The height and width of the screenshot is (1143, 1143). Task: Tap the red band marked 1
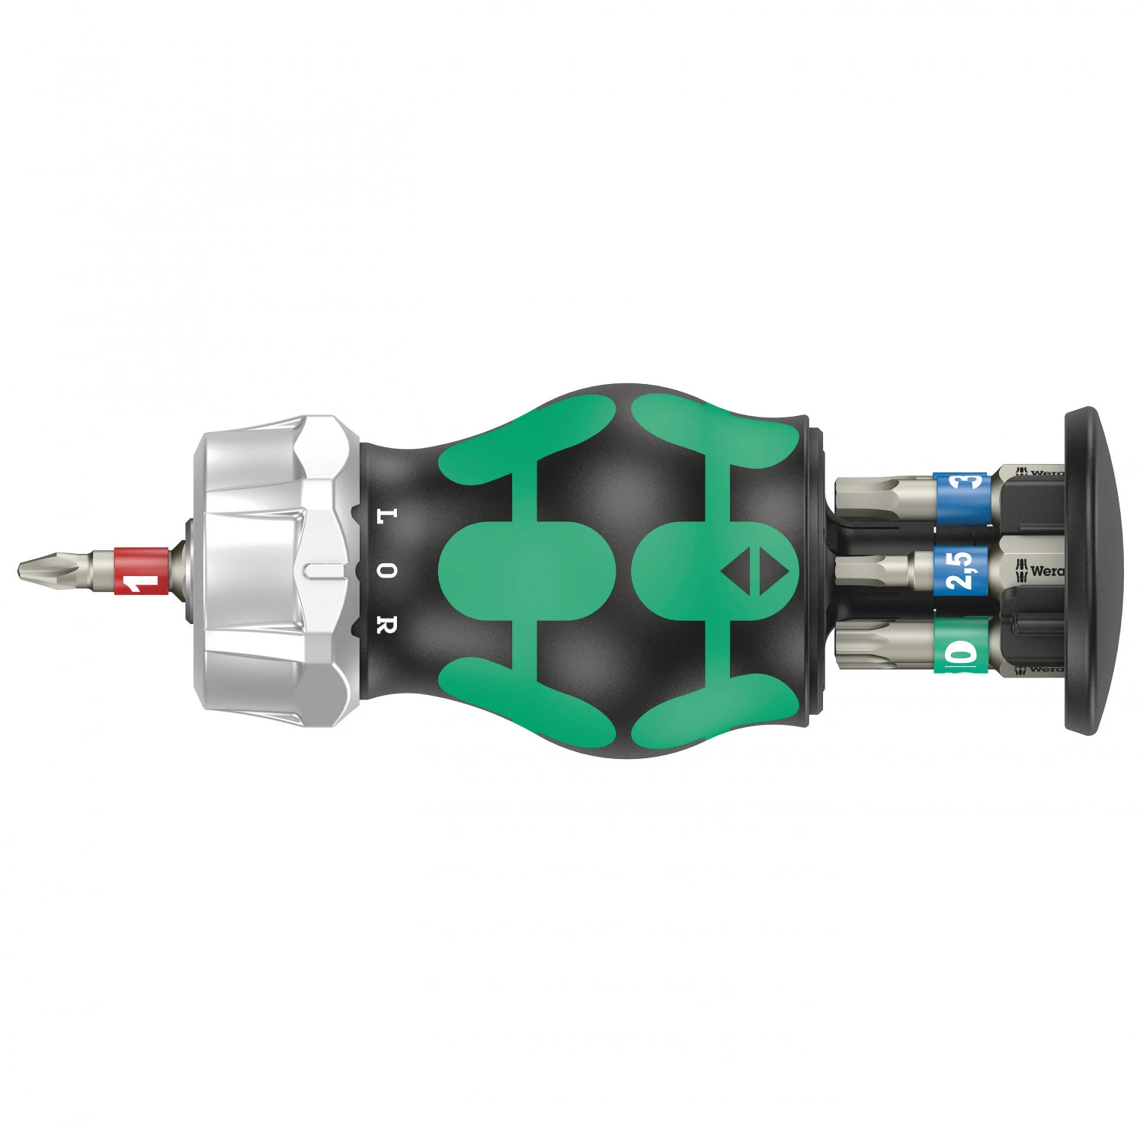(x=141, y=571)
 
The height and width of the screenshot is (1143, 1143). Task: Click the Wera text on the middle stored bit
(x=1046, y=570)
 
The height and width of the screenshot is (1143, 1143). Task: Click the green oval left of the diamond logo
(x=526, y=570)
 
